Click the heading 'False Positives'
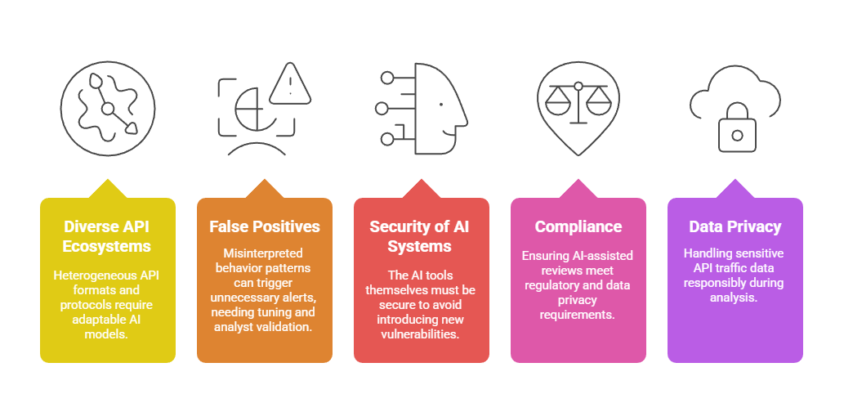264,226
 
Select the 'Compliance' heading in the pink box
578,226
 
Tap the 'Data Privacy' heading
735,226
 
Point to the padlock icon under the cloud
737,132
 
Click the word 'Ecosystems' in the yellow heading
107,244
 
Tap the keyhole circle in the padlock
737,135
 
